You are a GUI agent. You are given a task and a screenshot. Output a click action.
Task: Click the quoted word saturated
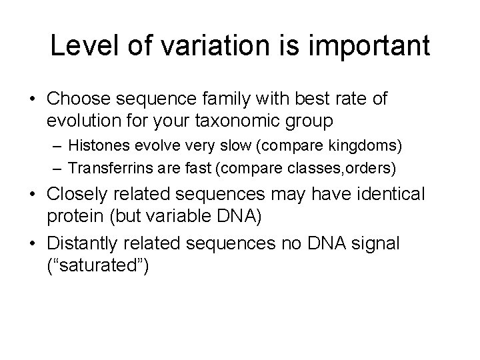click(98, 265)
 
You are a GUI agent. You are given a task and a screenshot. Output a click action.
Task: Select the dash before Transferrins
click(60, 169)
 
